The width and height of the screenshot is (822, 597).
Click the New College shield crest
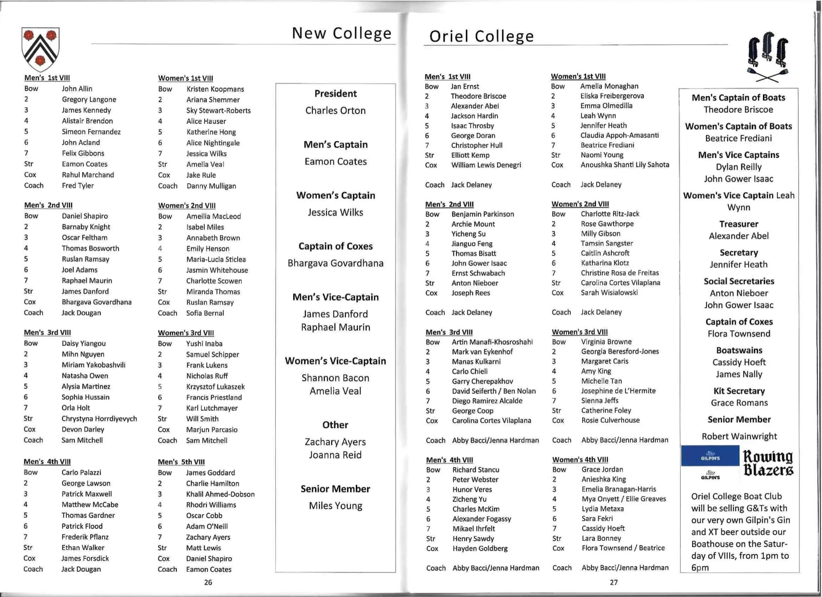click(40, 48)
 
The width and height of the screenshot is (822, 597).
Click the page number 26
click(208, 582)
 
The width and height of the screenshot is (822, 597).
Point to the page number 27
click(614, 582)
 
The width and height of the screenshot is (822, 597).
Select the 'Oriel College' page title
click(482, 36)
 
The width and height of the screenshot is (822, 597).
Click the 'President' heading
click(335, 94)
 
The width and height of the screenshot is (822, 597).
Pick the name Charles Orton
click(335, 110)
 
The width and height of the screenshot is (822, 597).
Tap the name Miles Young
click(335, 506)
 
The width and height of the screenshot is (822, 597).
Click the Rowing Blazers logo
click(768, 463)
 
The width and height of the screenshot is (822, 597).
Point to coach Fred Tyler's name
click(77, 185)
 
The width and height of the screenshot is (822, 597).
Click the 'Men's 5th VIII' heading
click(181, 462)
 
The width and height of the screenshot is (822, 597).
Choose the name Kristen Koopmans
click(215, 89)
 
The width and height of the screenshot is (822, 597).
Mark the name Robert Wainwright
click(739, 436)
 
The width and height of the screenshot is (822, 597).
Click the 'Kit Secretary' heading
click(739, 391)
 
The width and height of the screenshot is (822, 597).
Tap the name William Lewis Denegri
click(486, 165)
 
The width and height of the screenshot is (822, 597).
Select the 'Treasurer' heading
click(739, 224)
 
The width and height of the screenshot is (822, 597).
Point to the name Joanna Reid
click(335, 455)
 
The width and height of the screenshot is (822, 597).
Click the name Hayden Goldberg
click(480, 548)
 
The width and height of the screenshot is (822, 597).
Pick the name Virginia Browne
click(606, 342)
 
